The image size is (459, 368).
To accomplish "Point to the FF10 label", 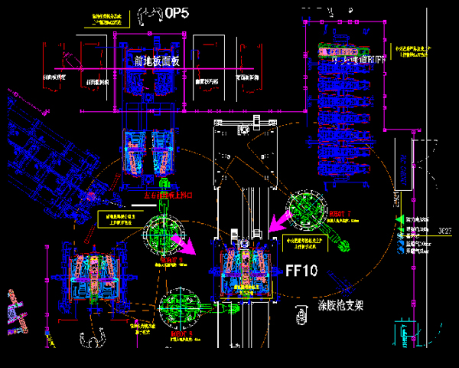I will tap(301, 270).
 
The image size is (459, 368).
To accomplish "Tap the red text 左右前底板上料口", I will tap(173, 195).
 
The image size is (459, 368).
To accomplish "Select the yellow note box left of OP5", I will tap(109, 19).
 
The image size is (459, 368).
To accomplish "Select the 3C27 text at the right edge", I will tap(447, 229).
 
